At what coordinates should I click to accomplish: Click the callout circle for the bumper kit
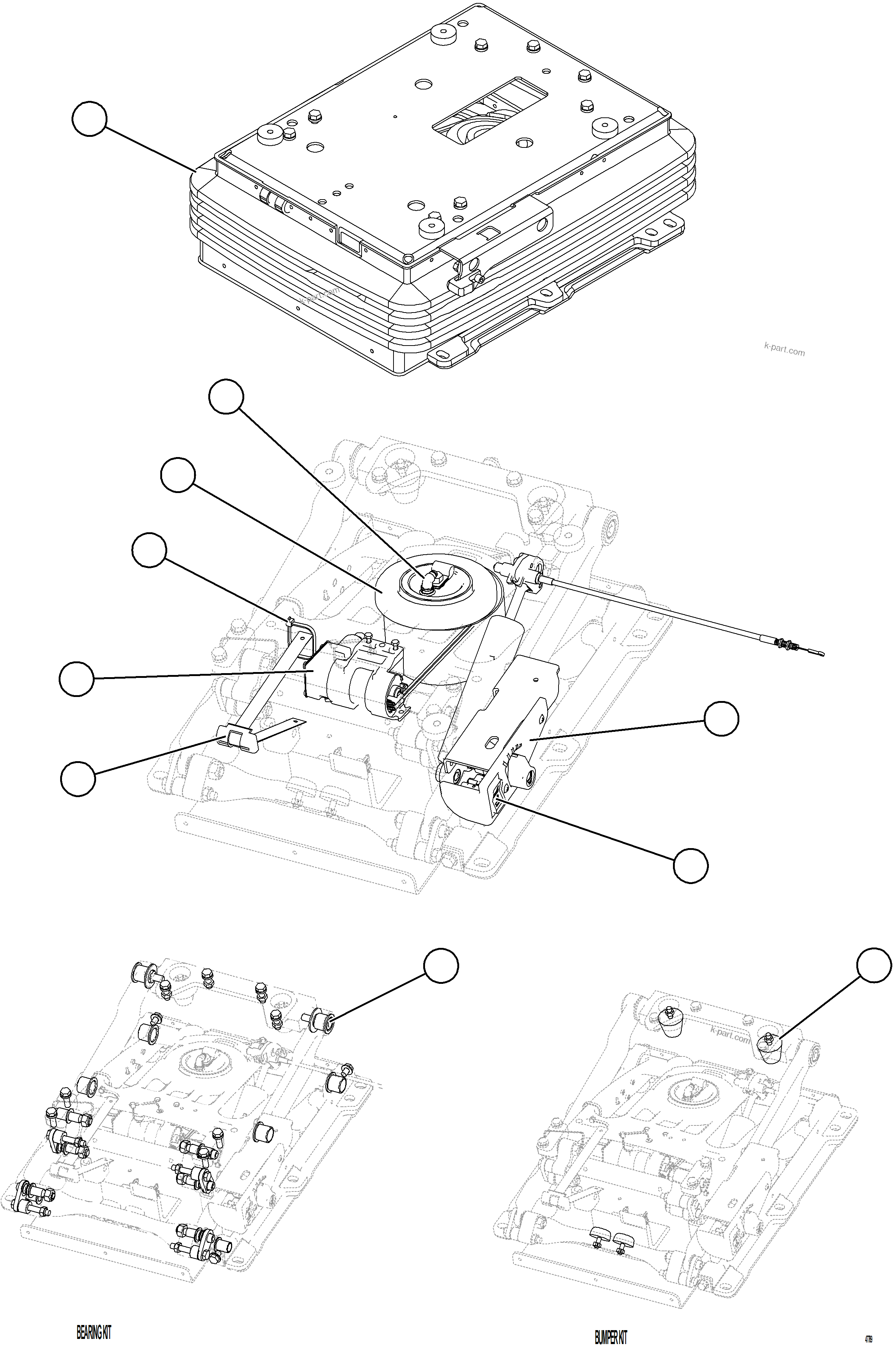pyautogui.click(x=874, y=965)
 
